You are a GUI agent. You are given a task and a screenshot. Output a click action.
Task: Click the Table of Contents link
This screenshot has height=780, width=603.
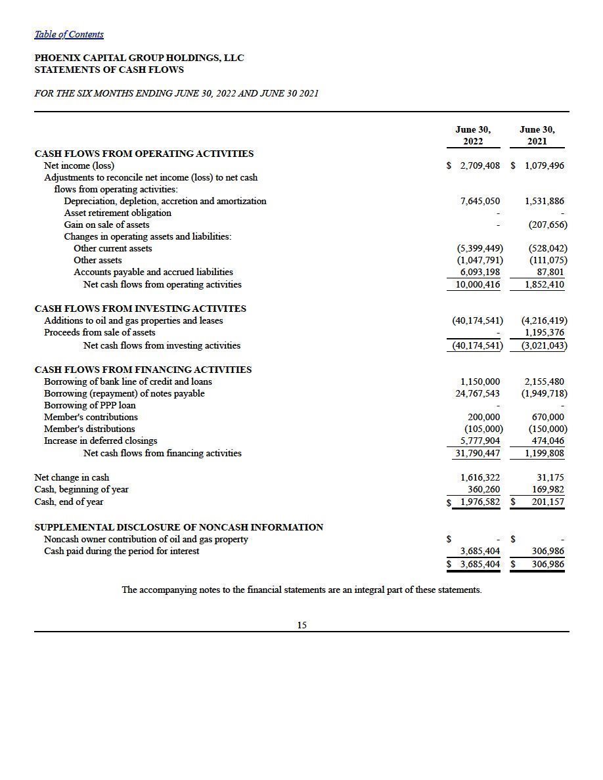69,34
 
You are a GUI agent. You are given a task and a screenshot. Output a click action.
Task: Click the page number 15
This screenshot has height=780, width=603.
301,625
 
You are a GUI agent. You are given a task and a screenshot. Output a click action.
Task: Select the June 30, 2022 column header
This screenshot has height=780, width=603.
473,136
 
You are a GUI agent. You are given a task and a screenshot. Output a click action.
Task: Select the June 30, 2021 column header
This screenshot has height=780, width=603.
537,136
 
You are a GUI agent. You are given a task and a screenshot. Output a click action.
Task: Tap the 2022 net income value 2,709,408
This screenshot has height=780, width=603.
480,166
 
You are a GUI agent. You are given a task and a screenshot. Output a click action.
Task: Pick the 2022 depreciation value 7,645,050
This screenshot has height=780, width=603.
480,201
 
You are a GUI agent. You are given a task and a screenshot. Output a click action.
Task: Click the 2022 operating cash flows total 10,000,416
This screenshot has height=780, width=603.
478,284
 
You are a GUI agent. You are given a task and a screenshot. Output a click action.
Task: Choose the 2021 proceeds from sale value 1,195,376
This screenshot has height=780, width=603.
545,332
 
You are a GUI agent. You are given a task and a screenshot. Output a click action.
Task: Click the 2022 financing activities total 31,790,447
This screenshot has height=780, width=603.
478,453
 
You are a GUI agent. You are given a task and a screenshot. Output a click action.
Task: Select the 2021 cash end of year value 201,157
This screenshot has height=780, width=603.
547,502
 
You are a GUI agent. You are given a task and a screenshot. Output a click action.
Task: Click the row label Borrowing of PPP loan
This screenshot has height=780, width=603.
90,405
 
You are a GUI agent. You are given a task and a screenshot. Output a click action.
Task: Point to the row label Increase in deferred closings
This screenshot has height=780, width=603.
100,441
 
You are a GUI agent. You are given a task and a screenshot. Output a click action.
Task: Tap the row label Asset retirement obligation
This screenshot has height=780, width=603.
118,213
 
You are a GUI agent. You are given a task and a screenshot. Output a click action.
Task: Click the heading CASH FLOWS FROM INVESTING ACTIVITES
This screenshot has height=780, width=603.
140,308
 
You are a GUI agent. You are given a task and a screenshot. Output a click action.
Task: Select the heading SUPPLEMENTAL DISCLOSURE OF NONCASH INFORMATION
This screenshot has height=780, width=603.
179,527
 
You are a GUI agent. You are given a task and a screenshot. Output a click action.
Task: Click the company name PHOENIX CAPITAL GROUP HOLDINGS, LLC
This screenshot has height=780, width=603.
139,58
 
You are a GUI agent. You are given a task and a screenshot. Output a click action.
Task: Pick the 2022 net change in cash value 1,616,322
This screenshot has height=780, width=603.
480,477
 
